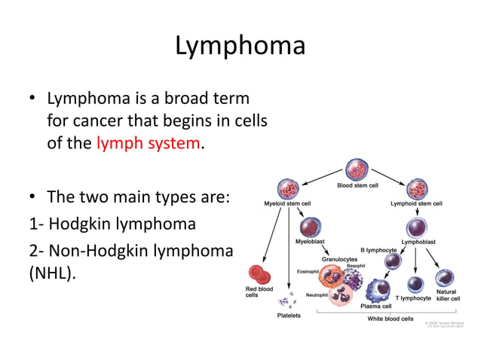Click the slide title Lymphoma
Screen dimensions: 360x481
(240, 46)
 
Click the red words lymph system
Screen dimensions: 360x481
(149, 143)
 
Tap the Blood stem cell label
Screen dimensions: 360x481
(357, 185)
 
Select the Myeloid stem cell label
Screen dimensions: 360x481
(287, 203)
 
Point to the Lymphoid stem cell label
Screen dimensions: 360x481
(416, 203)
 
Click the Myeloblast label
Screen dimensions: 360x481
(311, 242)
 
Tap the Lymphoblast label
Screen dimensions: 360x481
(418, 242)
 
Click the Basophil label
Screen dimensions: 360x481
(356, 266)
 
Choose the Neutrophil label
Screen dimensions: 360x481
(316, 294)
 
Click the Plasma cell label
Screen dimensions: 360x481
(375, 307)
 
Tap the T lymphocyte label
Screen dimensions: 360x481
(413, 298)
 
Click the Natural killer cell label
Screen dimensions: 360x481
(447, 294)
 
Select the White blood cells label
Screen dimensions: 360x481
(390, 319)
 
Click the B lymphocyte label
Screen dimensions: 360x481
(378, 249)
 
